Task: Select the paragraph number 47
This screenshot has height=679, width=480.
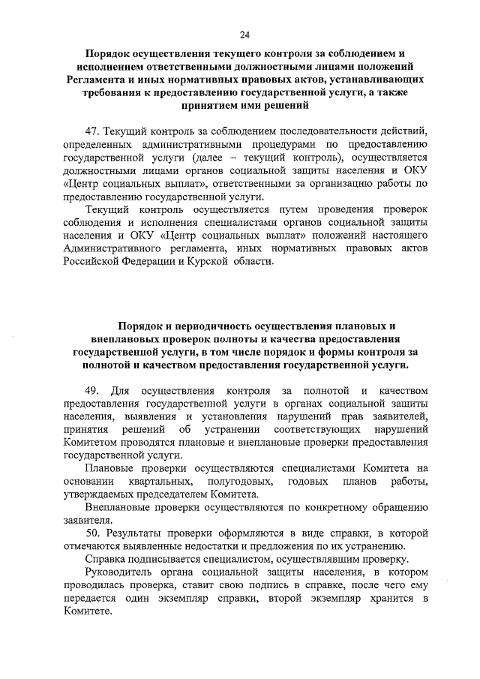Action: tap(94, 131)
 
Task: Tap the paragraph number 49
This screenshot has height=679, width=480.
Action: tap(94, 390)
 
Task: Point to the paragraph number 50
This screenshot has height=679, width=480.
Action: tap(94, 533)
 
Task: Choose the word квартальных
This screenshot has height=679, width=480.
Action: tap(158, 480)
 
